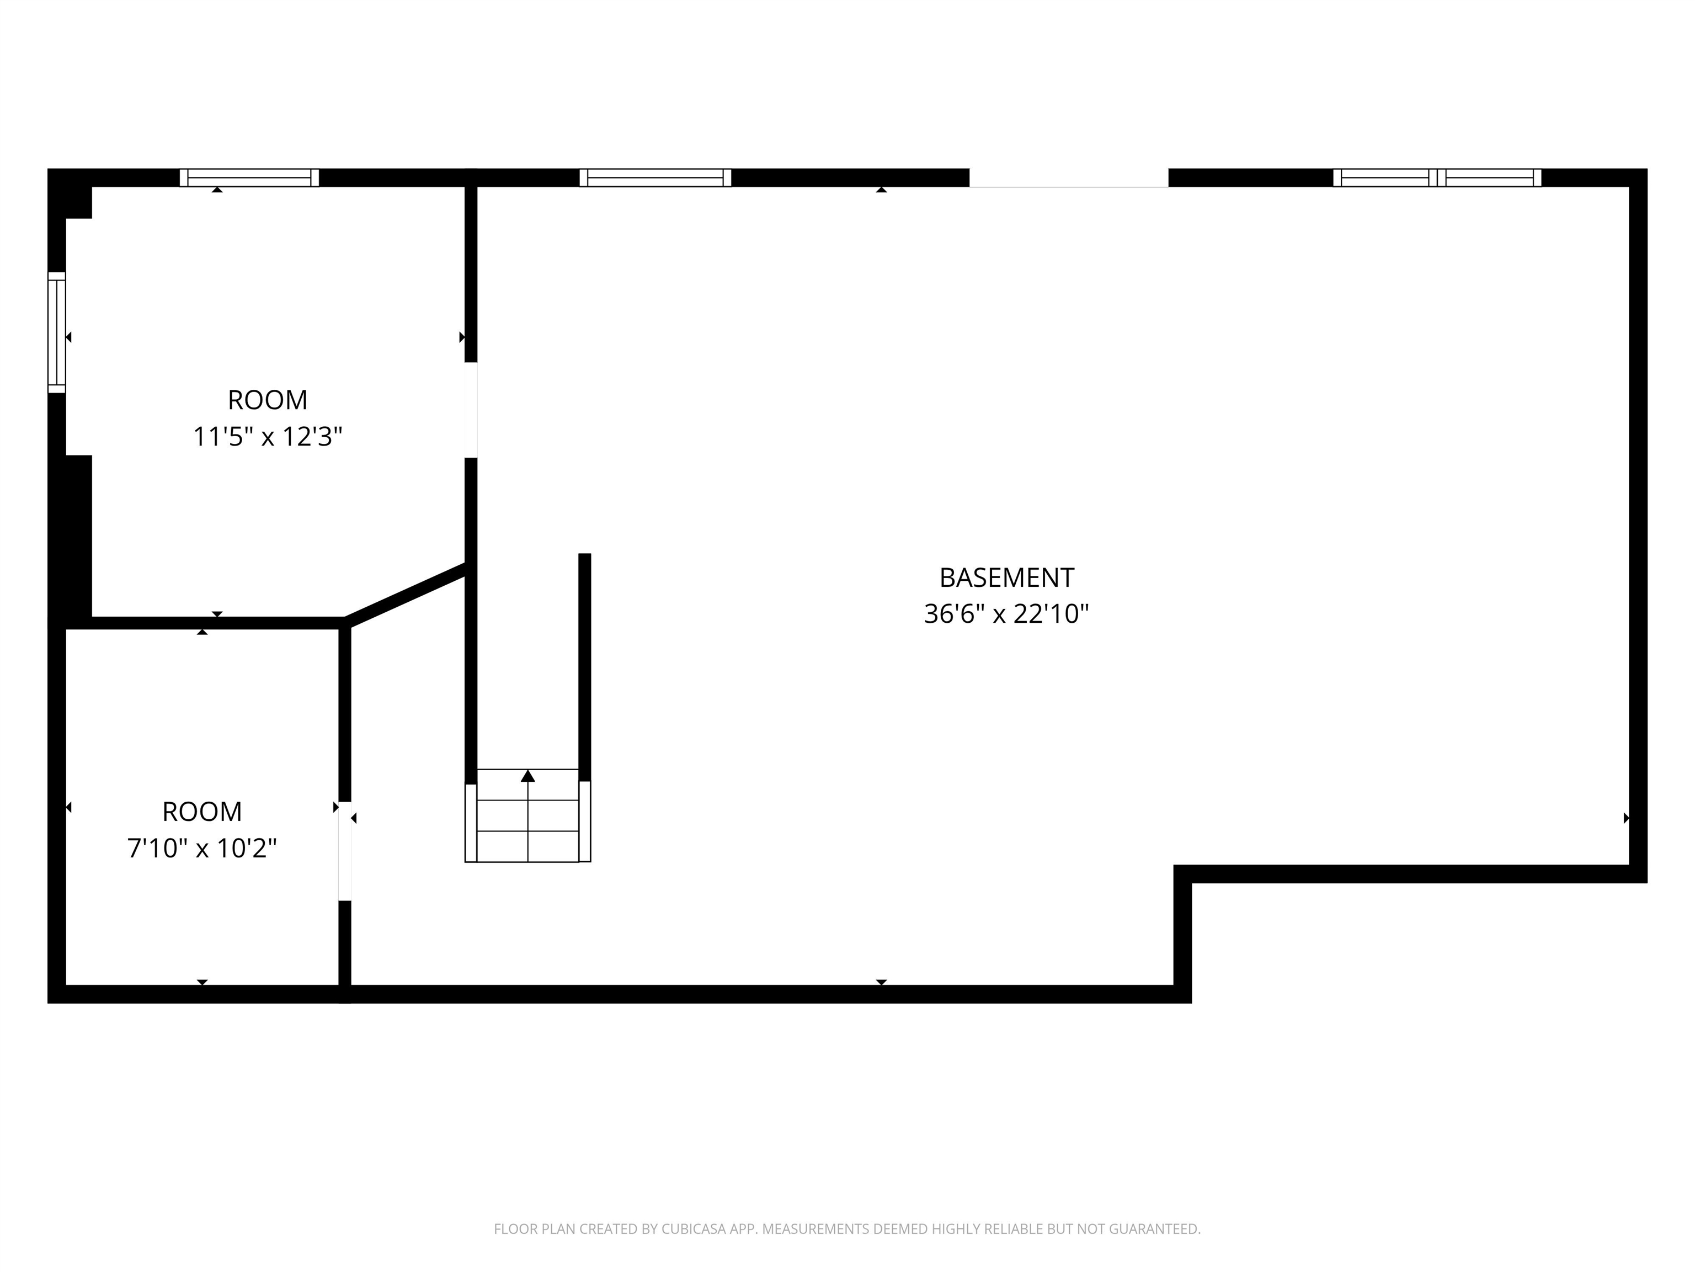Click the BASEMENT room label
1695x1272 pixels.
click(x=1006, y=577)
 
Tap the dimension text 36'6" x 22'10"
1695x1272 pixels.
click(x=1006, y=614)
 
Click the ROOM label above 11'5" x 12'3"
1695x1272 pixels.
click(x=268, y=400)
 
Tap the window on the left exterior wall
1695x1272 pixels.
click(x=57, y=333)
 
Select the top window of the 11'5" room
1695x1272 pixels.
click(x=249, y=178)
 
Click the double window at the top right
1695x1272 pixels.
click(x=1437, y=178)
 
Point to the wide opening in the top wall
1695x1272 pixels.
click(x=1068, y=178)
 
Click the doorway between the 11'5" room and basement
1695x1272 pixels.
click(x=471, y=410)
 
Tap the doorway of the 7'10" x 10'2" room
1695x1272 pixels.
click(x=345, y=851)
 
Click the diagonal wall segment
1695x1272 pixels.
click(x=406, y=595)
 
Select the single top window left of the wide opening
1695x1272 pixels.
click(x=655, y=178)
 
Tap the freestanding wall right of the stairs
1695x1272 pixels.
click(x=585, y=667)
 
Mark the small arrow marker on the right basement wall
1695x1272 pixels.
click(x=1626, y=818)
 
